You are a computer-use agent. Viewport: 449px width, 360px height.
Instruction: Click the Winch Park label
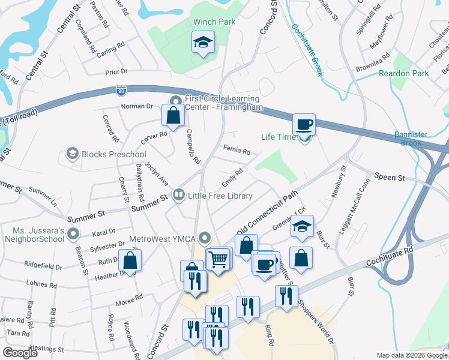214,22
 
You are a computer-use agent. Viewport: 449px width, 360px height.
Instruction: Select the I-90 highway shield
121,90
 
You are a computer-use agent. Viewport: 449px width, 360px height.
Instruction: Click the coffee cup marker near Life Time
304,124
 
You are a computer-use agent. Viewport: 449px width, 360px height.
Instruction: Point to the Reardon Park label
403,73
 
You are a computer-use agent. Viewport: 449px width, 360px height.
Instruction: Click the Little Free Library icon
178,195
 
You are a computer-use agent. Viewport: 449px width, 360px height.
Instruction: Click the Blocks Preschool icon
73,154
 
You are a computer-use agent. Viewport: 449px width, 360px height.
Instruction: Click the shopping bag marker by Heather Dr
130,260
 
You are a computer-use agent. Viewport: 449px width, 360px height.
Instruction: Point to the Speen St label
390,177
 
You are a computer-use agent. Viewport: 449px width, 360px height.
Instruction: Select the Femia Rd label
236,149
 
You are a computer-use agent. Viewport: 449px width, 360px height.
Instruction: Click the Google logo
20,353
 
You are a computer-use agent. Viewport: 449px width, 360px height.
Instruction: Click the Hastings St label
47,349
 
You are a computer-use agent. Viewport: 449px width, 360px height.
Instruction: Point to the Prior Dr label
116,71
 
